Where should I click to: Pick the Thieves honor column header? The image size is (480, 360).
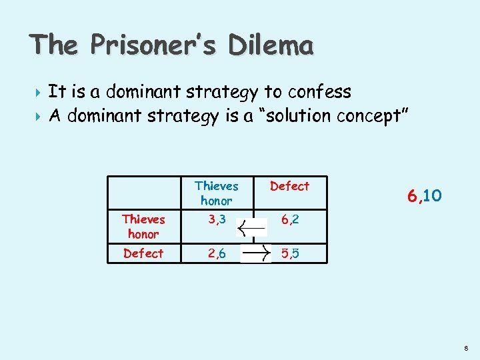pyautogui.click(x=216, y=193)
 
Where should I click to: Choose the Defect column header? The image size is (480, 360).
pyautogui.click(x=289, y=186)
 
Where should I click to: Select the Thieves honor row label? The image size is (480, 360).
pyautogui.click(x=143, y=227)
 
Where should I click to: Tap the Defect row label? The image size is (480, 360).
pyautogui.click(x=143, y=253)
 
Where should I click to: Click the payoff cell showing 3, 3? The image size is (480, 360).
pyautogui.click(x=216, y=220)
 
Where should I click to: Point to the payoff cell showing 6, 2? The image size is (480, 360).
pyautogui.click(x=289, y=220)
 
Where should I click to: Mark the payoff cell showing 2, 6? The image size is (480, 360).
pyautogui.click(x=216, y=253)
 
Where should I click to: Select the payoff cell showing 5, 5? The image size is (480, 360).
pyautogui.click(x=289, y=253)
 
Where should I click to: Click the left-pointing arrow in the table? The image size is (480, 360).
pyautogui.click(x=253, y=227)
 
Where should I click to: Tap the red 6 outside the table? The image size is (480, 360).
pyautogui.click(x=413, y=195)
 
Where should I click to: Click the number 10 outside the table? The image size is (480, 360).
pyautogui.click(x=432, y=195)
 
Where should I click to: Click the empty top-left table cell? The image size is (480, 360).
pyautogui.click(x=143, y=193)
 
